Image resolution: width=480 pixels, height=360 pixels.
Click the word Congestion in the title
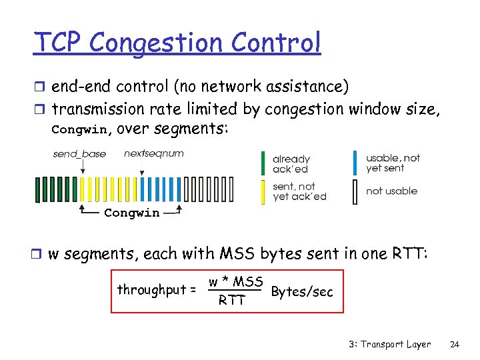(x=157, y=43)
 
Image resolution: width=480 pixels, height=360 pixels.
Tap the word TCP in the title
(x=59, y=43)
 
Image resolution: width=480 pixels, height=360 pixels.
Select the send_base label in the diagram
(x=79, y=154)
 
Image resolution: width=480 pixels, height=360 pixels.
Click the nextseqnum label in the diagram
(x=153, y=154)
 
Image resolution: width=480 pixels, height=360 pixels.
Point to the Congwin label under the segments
(x=131, y=213)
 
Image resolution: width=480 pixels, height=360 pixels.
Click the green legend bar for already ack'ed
(x=263, y=164)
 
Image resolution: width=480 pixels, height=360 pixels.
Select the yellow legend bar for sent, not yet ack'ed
(x=263, y=192)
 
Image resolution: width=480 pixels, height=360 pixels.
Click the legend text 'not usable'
(x=391, y=191)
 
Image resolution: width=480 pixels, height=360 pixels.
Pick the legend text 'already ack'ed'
(x=291, y=164)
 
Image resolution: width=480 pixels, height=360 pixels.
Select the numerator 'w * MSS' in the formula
(x=235, y=281)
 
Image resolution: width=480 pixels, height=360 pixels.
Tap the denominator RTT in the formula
(x=231, y=301)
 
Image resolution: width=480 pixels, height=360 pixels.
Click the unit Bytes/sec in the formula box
(x=302, y=291)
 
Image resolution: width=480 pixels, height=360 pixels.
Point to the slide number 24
(x=455, y=345)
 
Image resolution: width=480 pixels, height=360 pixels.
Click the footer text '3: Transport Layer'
(x=389, y=345)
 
